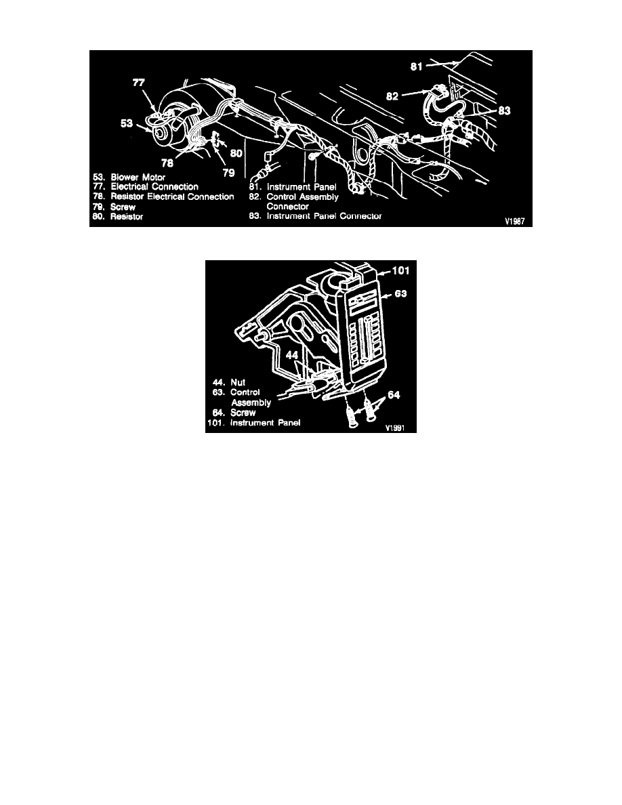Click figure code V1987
[x=514, y=222]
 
